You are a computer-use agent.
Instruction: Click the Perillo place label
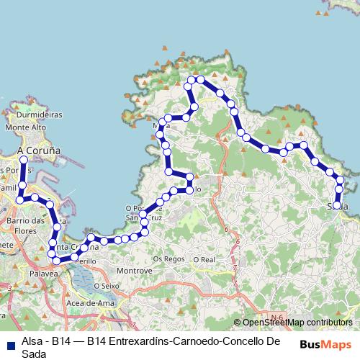(x=86, y=259)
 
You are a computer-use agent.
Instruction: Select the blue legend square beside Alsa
(x=11, y=343)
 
